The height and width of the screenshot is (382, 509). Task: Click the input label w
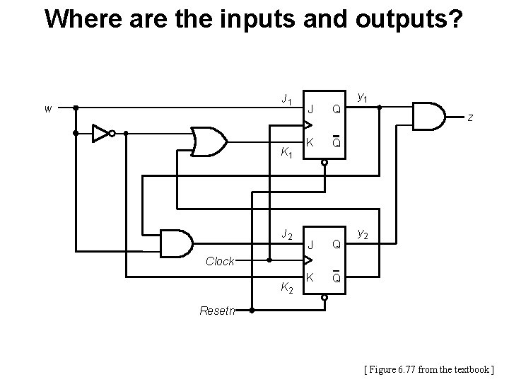tap(47, 109)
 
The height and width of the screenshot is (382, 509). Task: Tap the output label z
tap(469, 117)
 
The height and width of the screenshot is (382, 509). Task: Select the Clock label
tap(220, 261)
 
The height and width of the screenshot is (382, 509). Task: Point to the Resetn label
tap(218, 310)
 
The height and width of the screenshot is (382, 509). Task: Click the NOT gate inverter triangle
tap(102, 132)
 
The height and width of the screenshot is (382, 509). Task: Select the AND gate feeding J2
tap(177, 243)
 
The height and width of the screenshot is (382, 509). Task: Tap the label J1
tap(286, 100)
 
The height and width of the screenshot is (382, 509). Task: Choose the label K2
tap(286, 287)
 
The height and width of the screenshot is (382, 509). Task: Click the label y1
tap(363, 96)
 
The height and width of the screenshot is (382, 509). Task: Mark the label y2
tap(363, 233)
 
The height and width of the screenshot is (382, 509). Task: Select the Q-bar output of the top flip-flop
tap(337, 142)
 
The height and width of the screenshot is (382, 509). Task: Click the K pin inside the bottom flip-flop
tap(309, 277)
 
